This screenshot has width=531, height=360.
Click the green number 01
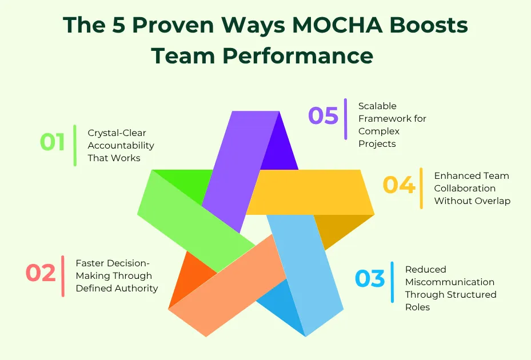[x=53, y=142]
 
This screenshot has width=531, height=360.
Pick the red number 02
[x=41, y=273]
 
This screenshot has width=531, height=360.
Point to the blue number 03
[x=370, y=279]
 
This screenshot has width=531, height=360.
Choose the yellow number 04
[x=399, y=186]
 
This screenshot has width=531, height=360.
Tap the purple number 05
[x=324, y=116]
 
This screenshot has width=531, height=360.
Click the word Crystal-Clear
[x=117, y=133]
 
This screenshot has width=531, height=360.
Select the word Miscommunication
[x=450, y=282]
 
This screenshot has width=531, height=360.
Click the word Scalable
[x=377, y=106]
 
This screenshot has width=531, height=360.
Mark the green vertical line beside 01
[x=75, y=145]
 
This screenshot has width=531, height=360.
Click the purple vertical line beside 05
[x=345, y=119]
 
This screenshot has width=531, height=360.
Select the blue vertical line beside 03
[x=392, y=282]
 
